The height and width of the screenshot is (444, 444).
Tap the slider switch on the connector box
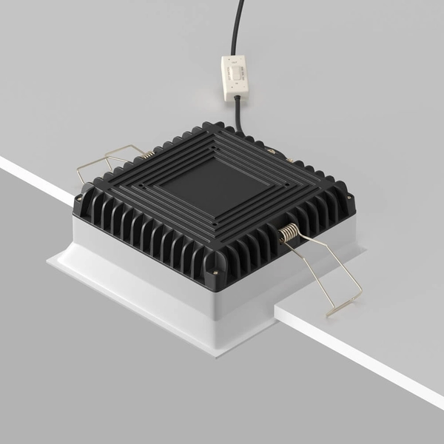point(236,73)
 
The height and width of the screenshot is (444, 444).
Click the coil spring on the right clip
point(290,233)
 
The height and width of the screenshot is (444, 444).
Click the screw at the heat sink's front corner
point(215,271)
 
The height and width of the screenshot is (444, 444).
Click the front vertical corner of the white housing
point(215,314)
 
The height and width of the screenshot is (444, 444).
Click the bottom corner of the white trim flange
point(215,355)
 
